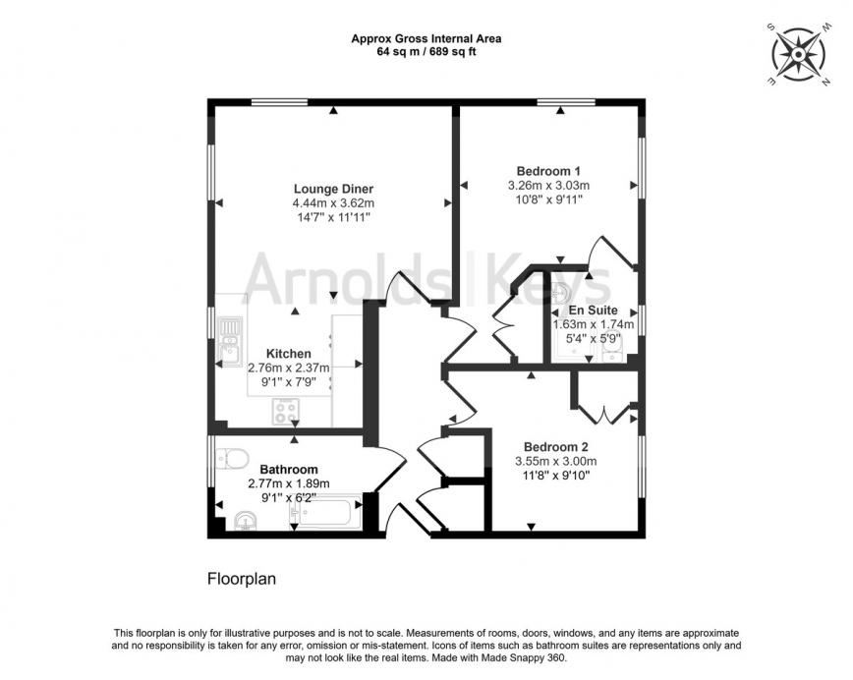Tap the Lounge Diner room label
tap(333, 189)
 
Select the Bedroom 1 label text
tap(548, 169)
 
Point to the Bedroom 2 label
tap(555, 444)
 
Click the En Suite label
tap(593, 310)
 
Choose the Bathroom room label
tap(289, 470)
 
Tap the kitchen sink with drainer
tap(231, 336)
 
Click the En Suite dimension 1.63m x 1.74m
tap(593, 324)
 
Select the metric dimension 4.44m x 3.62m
tap(333, 203)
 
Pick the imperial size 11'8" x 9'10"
tap(555, 475)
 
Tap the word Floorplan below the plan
tap(241, 580)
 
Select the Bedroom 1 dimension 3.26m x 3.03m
tap(548, 184)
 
